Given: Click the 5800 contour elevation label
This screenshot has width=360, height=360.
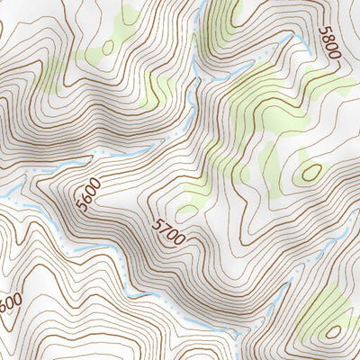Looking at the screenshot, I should point(330,43).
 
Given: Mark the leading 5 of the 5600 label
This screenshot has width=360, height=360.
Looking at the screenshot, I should point(83,209).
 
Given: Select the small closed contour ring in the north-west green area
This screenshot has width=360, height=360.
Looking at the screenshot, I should point(108,48).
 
